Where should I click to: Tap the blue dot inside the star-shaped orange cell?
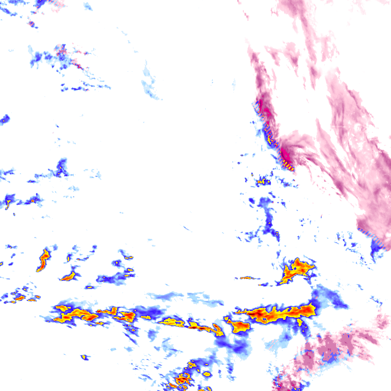(x=295, y=268)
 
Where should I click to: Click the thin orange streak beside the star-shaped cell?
(x=247, y=278)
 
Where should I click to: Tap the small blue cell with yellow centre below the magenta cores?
(x=263, y=181)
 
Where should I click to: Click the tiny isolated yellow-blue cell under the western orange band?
(x=85, y=357)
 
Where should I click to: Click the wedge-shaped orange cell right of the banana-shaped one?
(x=69, y=277)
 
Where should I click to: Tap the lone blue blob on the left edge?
(x=5, y=119)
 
